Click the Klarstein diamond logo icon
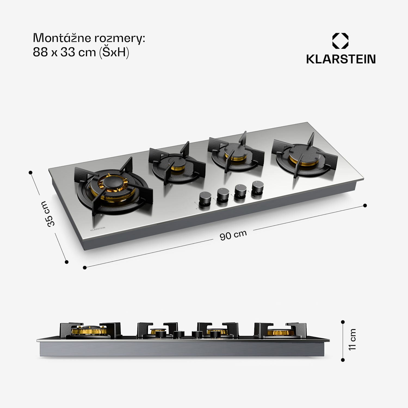point(340,41)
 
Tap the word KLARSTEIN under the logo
point(341,59)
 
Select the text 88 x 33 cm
point(64,52)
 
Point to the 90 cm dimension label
point(233,235)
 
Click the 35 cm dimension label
point(48,214)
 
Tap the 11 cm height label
point(352,339)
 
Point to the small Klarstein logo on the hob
point(98,229)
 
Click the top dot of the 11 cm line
point(343,322)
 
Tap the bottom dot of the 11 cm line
point(343,360)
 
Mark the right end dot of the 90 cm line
point(365,205)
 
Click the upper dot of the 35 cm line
point(30,172)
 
